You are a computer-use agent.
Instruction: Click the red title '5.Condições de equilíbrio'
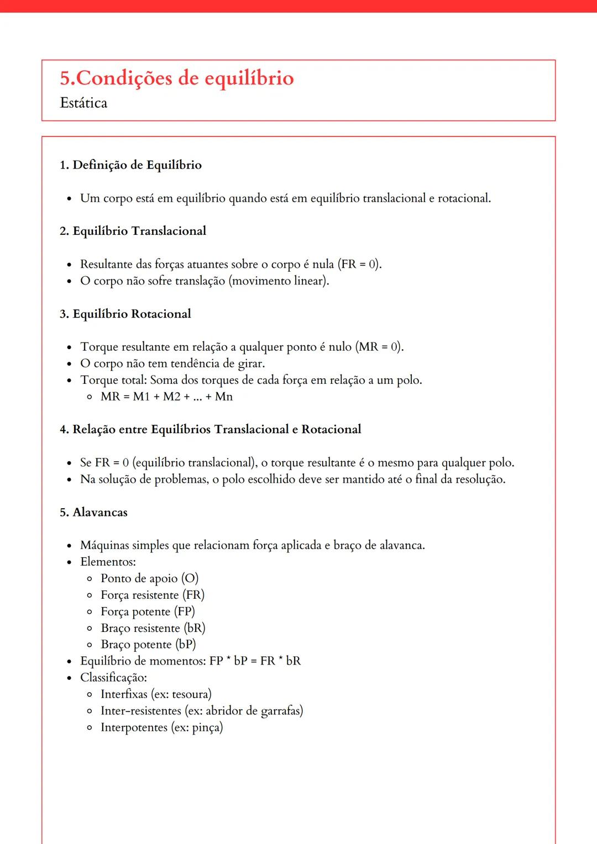pyautogui.click(x=177, y=78)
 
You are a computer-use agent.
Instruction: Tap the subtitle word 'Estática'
pyautogui.click(x=83, y=103)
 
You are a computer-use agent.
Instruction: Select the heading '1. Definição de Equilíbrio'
pyautogui.click(x=130, y=165)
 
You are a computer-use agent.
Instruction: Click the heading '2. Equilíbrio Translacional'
pyautogui.click(x=133, y=231)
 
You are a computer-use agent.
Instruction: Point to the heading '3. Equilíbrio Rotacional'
pyautogui.click(x=125, y=314)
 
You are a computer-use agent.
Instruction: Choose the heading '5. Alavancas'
pyautogui.click(x=93, y=512)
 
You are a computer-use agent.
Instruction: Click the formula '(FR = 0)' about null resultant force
pyautogui.click(x=359, y=264)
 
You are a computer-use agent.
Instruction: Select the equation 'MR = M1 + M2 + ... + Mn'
pyautogui.click(x=166, y=397)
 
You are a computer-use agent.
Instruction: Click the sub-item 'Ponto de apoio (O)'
pyautogui.click(x=149, y=578)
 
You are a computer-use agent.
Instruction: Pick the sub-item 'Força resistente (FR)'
pyautogui.click(x=153, y=595)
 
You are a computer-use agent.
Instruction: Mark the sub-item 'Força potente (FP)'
pyautogui.click(x=148, y=611)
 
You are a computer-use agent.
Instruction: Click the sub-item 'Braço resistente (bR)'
pyautogui.click(x=153, y=628)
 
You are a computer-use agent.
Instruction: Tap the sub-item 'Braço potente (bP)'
pyautogui.click(x=148, y=645)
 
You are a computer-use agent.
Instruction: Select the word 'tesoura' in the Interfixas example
pyautogui.click(x=190, y=694)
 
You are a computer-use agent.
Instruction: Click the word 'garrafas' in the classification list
pyautogui.click(x=282, y=711)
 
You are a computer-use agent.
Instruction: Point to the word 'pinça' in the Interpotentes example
pyautogui.click(x=206, y=727)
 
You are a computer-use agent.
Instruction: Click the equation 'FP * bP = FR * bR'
pyautogui.click(x=255, y=661)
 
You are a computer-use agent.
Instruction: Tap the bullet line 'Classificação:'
pyautogui.click(x=113, y=678)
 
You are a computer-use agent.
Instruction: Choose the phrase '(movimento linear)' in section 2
pyautogui.click(x=279, y=281)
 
